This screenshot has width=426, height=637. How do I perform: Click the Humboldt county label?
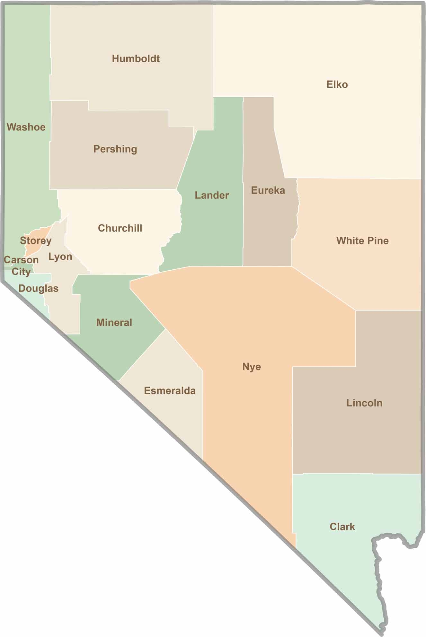(x=136, y=59)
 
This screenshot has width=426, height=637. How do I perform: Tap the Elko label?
(x=337, y=84)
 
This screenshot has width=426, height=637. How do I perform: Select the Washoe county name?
(x=26, y=127)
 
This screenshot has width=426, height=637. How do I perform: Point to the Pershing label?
(x=115, y=149)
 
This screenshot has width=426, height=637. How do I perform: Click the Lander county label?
(x=212, y=195)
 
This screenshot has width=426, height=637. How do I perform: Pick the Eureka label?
(x=268, y=190)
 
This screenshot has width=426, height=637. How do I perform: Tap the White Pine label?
(x=362, y=241)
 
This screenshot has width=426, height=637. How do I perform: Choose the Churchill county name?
(x=120, y=228)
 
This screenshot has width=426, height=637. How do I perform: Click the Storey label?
(x=36, y=240)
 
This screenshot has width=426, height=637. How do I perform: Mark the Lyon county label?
(x=60, y=257)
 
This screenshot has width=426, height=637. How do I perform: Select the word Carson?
(x=21, y=260)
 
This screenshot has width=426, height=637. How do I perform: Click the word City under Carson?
(x=21, y=272)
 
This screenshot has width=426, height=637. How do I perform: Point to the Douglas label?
(x=38, y=288)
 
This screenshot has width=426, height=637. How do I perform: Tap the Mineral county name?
(x=114, y=323)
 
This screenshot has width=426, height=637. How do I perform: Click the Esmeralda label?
(x=170, y=391)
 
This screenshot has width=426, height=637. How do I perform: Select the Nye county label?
(x=252, y=367)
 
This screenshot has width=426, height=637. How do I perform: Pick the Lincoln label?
(x=364, y=403)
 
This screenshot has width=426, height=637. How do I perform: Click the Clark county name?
(x=342, y=527)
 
